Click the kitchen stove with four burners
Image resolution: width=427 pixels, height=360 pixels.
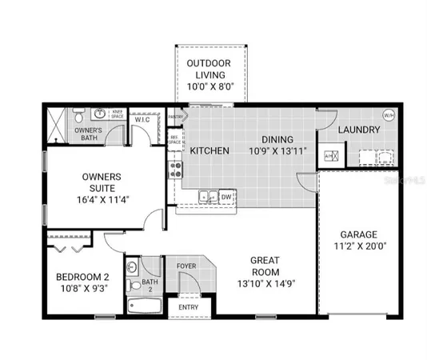point(175,170)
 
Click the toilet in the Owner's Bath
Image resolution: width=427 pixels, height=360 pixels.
point(80,114)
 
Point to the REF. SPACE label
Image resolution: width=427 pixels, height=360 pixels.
point(175,140)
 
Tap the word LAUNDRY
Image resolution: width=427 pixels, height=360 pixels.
point(357,130)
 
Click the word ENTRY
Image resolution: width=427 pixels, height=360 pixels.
point(188,306)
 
